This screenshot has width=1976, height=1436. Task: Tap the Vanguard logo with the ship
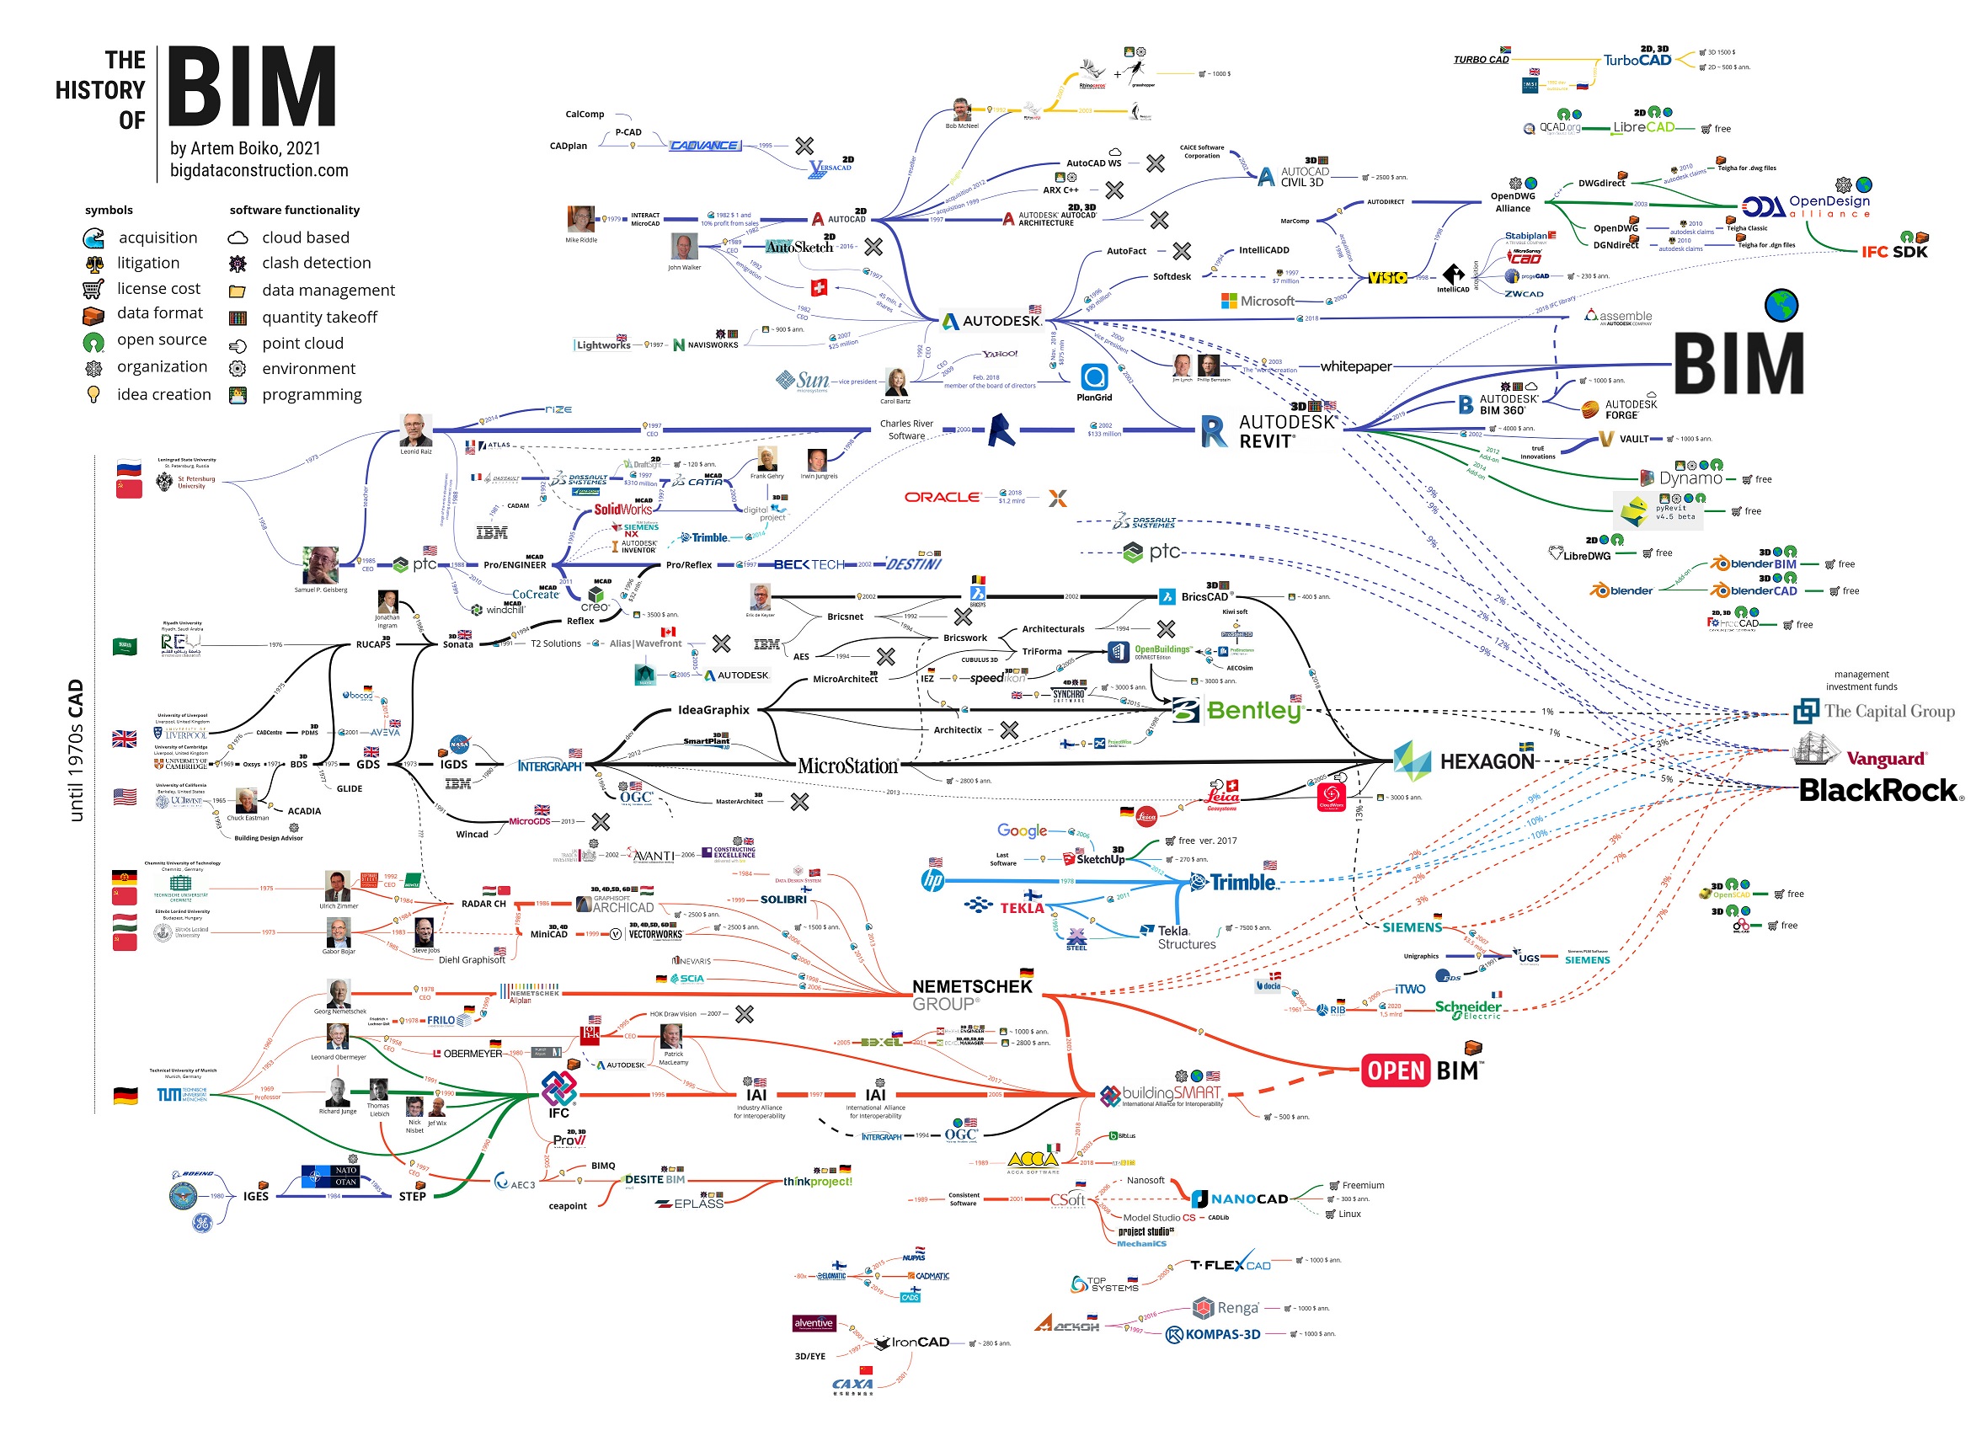[x=1859, y=754]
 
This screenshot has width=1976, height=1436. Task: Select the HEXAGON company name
[x=1487, y=761]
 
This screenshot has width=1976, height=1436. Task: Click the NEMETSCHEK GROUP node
[x=971, y=994]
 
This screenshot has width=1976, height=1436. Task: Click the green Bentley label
[x=1252, y=711]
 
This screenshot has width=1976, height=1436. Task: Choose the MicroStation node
[x=846, y=766]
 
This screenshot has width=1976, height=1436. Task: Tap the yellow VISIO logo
[x=1386, y=277]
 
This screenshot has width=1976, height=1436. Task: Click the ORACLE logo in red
[x=942, y=497]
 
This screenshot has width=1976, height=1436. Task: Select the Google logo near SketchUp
[x=1022, y=830]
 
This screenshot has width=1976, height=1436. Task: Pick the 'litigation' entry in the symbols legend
[x=148, y=263]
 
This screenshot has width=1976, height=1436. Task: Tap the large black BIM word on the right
[x=1738, y=364]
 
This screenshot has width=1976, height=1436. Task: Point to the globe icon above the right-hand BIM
[x=1781, y=305]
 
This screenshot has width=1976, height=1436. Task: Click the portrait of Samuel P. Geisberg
[x=320, y=564]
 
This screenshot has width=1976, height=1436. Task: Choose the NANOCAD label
[x=1247, y=1199]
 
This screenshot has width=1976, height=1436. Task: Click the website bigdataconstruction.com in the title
[x=259, y=171]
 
